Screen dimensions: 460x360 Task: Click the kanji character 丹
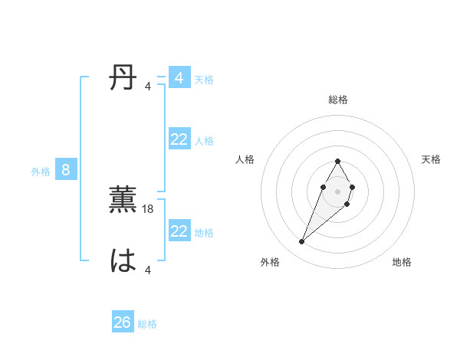click(123, 79)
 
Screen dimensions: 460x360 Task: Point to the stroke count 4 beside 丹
click(148, 86)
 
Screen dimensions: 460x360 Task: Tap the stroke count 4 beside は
click(148, 269)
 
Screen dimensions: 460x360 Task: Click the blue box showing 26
click(122, 322)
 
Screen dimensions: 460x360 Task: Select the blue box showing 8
click(66, 170)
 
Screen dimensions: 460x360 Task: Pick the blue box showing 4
click(179, 78)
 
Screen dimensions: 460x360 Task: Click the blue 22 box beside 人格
click(179, 139)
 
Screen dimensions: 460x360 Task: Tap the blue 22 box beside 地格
click(179, 231)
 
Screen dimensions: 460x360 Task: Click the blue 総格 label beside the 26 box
click(147, 324)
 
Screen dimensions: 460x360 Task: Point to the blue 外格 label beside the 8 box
click(41, 172)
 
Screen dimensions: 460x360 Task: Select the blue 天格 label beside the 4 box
click(204, 80)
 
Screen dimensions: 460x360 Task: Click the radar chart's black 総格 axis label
click(338, 100)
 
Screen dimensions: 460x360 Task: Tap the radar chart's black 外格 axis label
click(270, 262)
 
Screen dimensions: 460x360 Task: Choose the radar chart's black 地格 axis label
click(402, 262)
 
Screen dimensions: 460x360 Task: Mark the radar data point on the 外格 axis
click(302, 242)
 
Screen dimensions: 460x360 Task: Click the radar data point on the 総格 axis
click(338, 161)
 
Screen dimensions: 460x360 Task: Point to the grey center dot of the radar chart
click(338, 191)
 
